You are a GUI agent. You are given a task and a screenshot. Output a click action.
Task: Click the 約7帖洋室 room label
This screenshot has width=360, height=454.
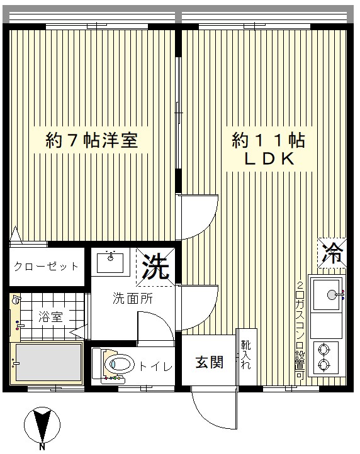click(92, 140)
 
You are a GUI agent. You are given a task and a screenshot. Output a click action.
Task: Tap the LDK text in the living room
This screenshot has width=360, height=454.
click(269, 158)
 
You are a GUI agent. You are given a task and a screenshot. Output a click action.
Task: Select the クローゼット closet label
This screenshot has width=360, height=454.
click(47, 266)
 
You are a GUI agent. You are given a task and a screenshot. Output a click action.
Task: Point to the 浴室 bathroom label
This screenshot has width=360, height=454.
click(50, 317)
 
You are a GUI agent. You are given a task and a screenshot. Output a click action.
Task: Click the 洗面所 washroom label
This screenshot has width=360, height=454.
click(133, 299)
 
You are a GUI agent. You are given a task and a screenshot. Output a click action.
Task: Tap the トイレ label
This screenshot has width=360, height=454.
click(156, 367)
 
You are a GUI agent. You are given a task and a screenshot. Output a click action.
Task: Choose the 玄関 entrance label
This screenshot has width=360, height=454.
click(210, 362)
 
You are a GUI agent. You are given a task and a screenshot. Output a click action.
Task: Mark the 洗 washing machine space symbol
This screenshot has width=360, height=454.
click(156, 267)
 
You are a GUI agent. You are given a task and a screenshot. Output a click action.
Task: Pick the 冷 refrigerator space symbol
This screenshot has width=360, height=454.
click(332, 253)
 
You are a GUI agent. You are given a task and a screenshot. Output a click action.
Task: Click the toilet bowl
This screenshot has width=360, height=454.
click(120, 363)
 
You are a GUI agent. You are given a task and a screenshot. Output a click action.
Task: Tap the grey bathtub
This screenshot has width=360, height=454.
click(48, 362)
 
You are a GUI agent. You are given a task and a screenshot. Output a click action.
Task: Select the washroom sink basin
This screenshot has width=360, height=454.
click(110, 263)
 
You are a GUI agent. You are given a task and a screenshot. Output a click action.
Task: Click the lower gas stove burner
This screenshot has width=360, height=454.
click(323, 364)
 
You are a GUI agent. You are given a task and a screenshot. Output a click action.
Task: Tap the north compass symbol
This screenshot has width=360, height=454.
click(42, 425)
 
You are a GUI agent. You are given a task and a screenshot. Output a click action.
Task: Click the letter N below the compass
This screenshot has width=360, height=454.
click(42, 447)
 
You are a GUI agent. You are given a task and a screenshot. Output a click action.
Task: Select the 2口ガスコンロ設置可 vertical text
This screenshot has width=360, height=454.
click(300, 330)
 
